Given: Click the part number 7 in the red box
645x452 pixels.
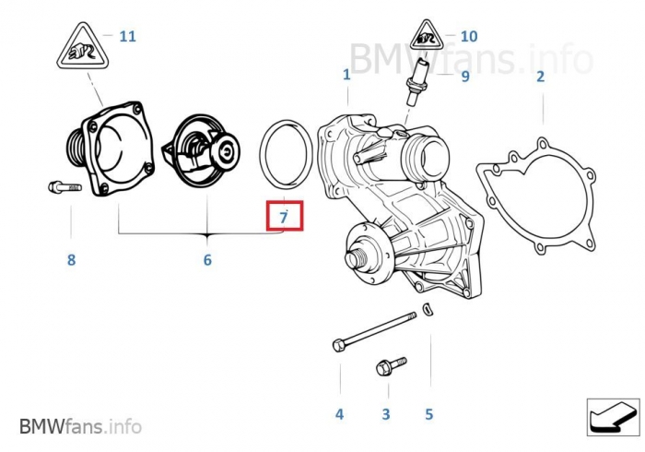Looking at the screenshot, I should (x=284, y=217).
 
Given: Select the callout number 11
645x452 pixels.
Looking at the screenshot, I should (x=127, y=37).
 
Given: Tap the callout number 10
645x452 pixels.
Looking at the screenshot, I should (x=468, y=37).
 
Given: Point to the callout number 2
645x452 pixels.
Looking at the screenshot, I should (x=540, y=76).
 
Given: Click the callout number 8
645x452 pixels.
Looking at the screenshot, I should (x=71, y=260).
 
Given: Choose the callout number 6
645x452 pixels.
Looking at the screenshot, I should (x=207, y=260).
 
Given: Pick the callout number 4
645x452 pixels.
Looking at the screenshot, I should (x=339, y=414).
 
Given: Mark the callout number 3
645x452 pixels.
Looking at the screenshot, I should (x=386, y=414).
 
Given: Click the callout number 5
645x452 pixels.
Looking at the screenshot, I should (x=428, y=414).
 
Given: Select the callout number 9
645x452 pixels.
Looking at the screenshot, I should (x=465, y=76).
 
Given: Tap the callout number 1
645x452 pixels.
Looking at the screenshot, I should (x=346, y=74).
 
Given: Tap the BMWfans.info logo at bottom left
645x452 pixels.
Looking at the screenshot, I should (x=81, y=426).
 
